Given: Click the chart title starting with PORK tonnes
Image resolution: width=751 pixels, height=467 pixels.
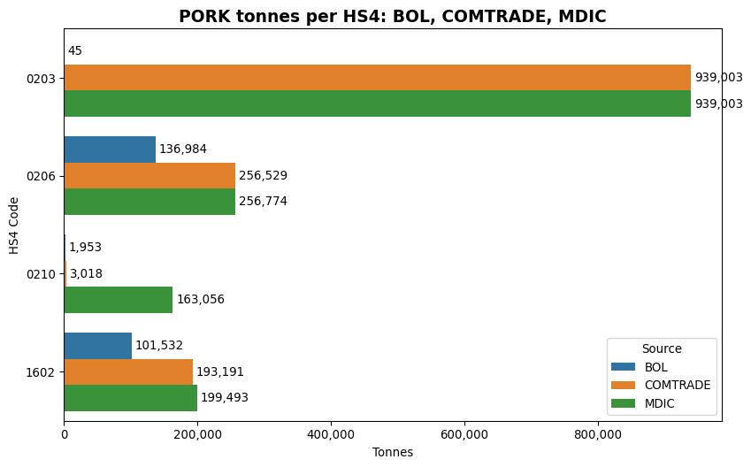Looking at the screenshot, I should tap(393, 16).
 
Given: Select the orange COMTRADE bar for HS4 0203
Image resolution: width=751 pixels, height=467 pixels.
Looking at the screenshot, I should tap(377, 78).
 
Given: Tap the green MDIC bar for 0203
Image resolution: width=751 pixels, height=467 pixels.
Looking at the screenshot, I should tap(377, 103).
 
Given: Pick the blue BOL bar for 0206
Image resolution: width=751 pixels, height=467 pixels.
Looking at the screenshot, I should tap(110, 149).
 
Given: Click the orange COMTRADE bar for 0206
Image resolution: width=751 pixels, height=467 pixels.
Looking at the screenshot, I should tap(149, 175).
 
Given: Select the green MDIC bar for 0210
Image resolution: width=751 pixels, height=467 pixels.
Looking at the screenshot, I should tap(119, 300).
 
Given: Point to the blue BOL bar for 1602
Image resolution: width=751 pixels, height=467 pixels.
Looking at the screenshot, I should tap(98, 346).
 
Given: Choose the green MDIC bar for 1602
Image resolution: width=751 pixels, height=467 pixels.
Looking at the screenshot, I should tap(131, 398).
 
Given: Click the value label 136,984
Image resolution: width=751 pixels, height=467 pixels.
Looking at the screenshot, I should tap(183, 149).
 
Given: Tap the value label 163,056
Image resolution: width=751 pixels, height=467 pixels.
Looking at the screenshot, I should tap(201, 300).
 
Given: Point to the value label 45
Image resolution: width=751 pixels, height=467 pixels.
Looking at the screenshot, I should tap(75, 51).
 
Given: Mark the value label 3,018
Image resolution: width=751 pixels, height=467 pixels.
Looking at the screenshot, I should tap(86, 274).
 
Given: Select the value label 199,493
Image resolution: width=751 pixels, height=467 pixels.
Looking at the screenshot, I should tap(225, 398).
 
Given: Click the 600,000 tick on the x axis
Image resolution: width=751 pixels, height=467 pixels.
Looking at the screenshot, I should tap(464, 434).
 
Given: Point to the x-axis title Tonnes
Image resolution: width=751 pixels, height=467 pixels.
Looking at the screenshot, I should tap(393, 452).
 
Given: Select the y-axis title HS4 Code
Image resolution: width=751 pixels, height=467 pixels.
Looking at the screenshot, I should tap(15, 225).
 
